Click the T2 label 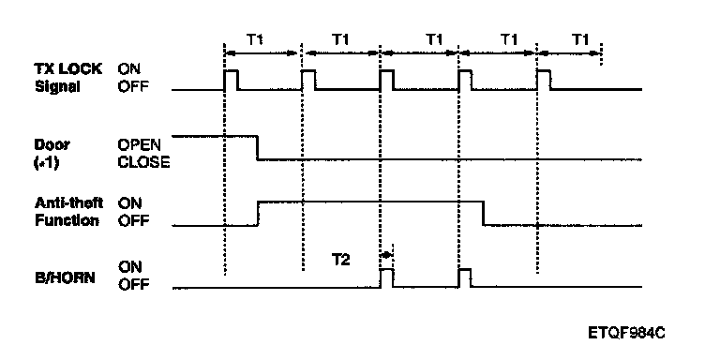point(340,260)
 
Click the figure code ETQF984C point(626,333)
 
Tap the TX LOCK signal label point(68,77)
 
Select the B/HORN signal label point(65,277)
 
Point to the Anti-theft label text point(68,203)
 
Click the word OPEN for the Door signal point(139,144)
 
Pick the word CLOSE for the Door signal point(143,162)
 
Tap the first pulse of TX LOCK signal point(232,80)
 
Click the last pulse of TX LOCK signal point(544,80)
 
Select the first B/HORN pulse point(386,277)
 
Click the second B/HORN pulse point(465,277)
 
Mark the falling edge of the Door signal point(257,147)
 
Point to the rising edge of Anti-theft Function point(258,214)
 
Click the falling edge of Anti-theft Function point(484,214)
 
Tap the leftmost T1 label point(255,40)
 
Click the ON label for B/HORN point(130,267)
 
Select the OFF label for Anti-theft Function point(133,220)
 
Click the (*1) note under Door point(46,162)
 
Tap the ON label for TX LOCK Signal point(129,68)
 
